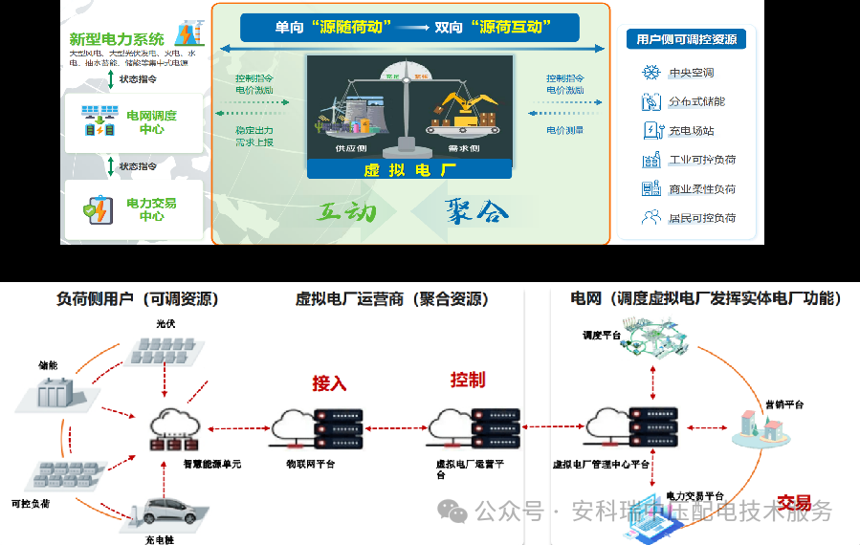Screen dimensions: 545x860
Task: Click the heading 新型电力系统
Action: coord(117,39)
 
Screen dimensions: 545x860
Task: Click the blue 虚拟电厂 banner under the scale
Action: coord(409,169)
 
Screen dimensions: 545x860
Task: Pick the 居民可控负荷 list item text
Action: coord(702,218)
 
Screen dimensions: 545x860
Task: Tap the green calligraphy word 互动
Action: coord(346,210)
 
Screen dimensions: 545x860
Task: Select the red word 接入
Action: coord(329,383)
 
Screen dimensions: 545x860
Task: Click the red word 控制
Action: coord(468,380)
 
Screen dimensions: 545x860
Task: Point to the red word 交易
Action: coord(794,503)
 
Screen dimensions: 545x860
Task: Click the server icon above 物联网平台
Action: coord(317,428)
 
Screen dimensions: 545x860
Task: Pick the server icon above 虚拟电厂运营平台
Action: coord(474,428)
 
